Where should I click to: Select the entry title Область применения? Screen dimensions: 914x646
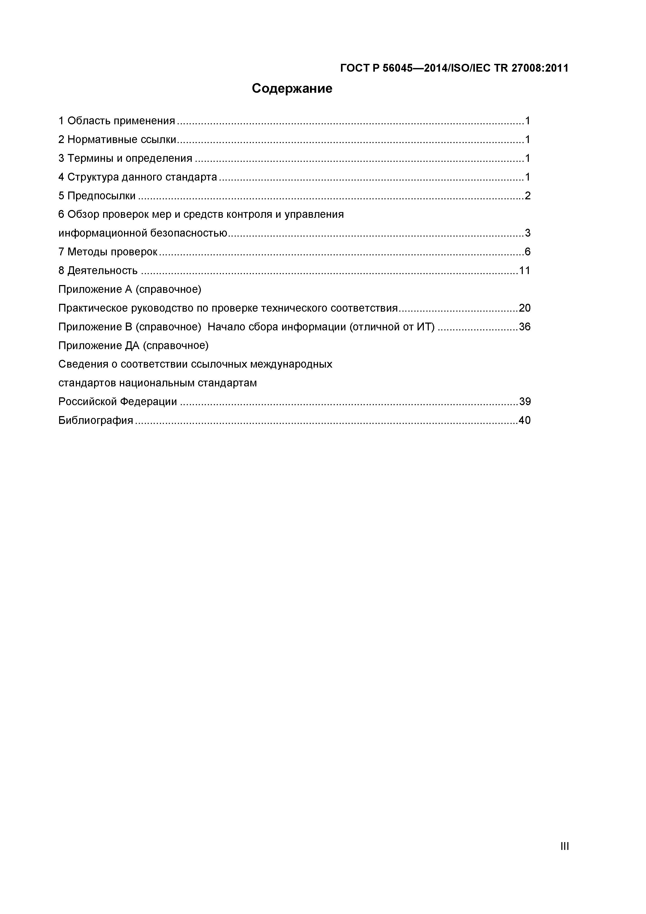(x=121, y=121)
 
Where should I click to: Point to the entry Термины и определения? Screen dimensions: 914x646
(x=130, y=158)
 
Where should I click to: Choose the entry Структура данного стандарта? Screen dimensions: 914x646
(x=142, y=177)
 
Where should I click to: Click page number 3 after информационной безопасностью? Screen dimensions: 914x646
(x=527, y=233)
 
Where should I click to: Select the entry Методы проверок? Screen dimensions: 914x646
(x=112, y=252)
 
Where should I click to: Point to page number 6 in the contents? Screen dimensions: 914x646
(x=527, y=252)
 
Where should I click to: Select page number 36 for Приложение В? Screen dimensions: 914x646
(x=525, y=327)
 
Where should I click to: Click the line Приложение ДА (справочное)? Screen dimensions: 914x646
(x=133, y=345)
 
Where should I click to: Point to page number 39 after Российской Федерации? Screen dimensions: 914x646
(x=525, y=401)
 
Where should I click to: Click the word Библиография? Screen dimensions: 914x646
(x=96, y=420)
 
